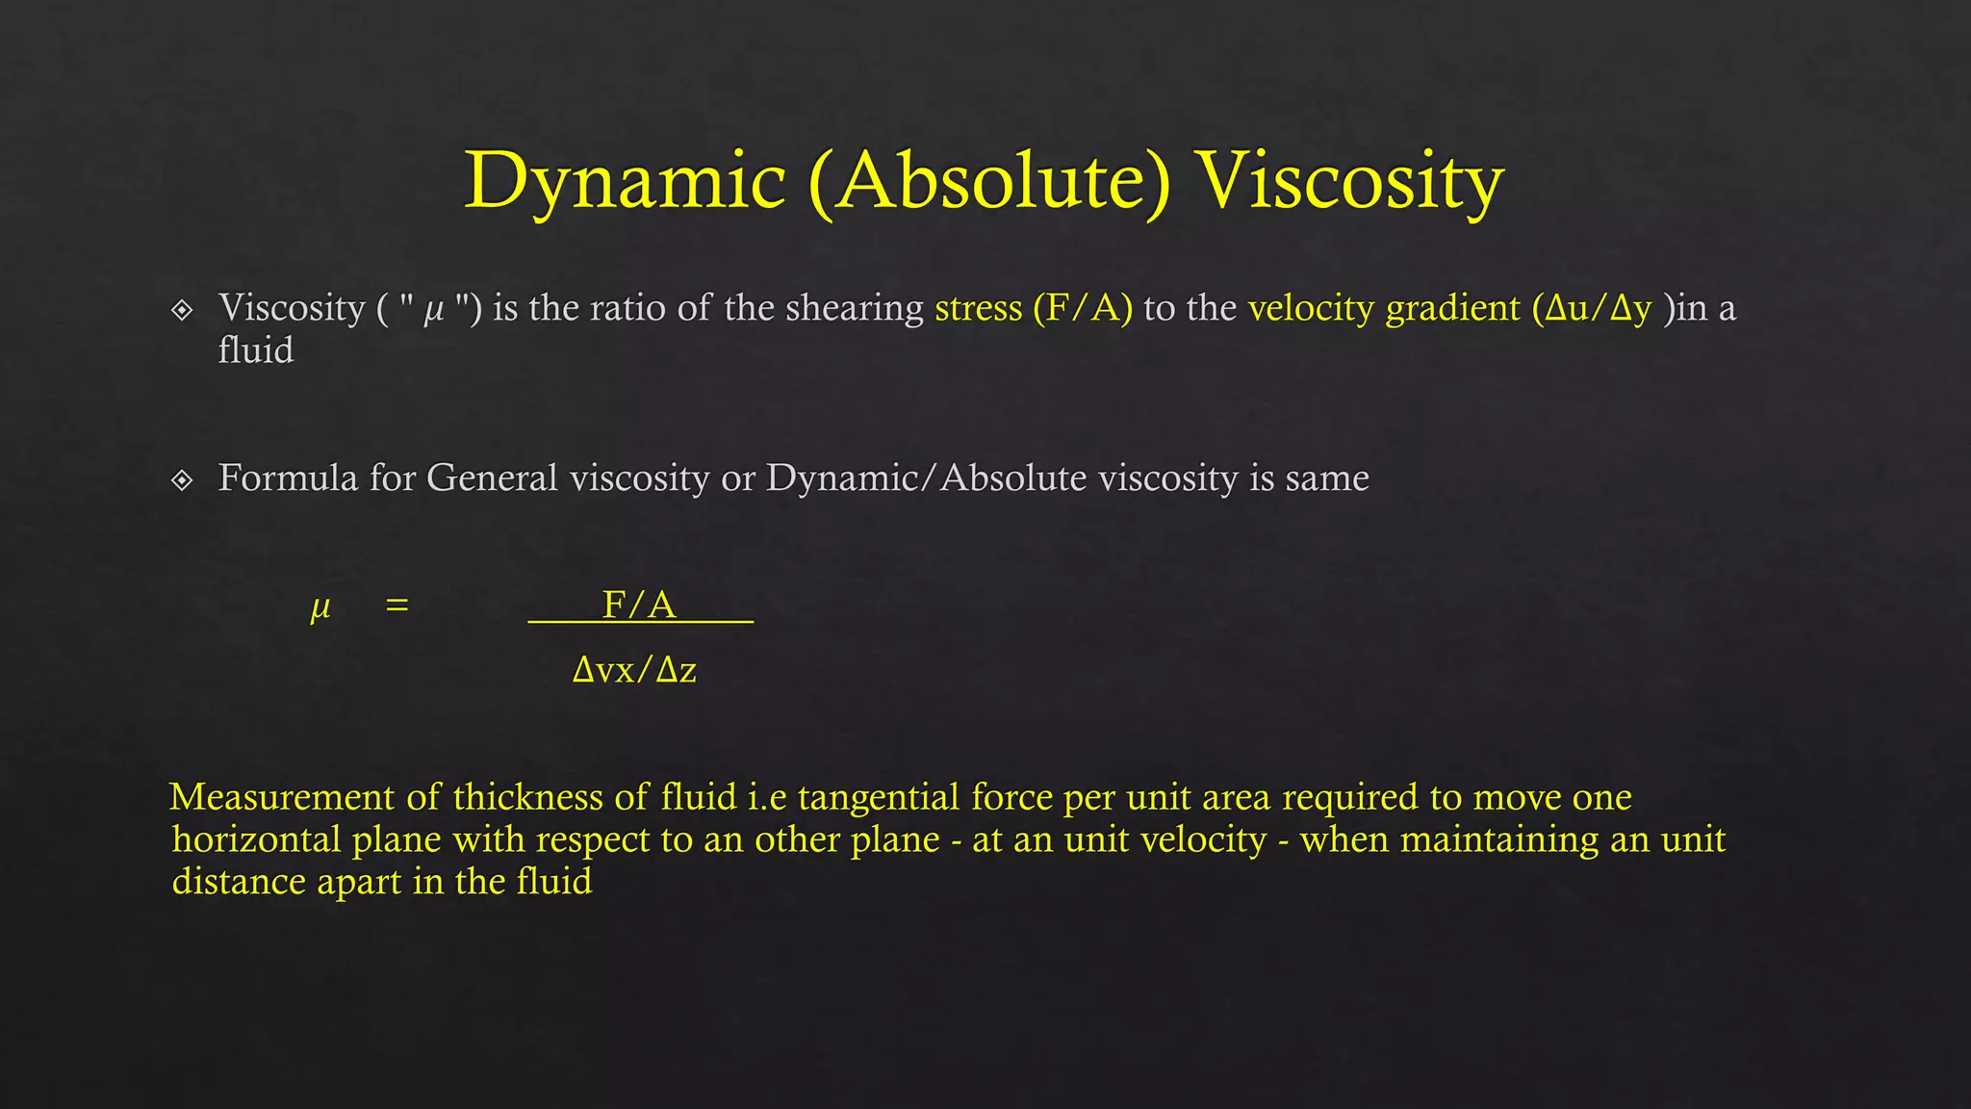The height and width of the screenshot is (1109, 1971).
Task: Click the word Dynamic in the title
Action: (x=626, y=181)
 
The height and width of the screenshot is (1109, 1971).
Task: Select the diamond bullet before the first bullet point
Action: (x=182, y=310)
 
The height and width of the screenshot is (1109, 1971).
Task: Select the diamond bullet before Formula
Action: (x=182, y=479)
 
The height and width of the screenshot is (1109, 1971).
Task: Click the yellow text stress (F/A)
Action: (x=1034, y=308)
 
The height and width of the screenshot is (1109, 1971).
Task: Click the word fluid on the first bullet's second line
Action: (x=255, y=350)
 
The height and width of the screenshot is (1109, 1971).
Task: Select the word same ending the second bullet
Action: (x=1327, y=477)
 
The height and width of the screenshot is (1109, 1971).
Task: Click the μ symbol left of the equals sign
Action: (x=320, y=607)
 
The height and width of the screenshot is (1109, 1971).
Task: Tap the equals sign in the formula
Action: (x=397, y=606)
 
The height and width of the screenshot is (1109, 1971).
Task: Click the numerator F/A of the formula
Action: (x=639, y=605)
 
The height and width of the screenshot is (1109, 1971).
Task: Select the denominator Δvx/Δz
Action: (x=634, y=669)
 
